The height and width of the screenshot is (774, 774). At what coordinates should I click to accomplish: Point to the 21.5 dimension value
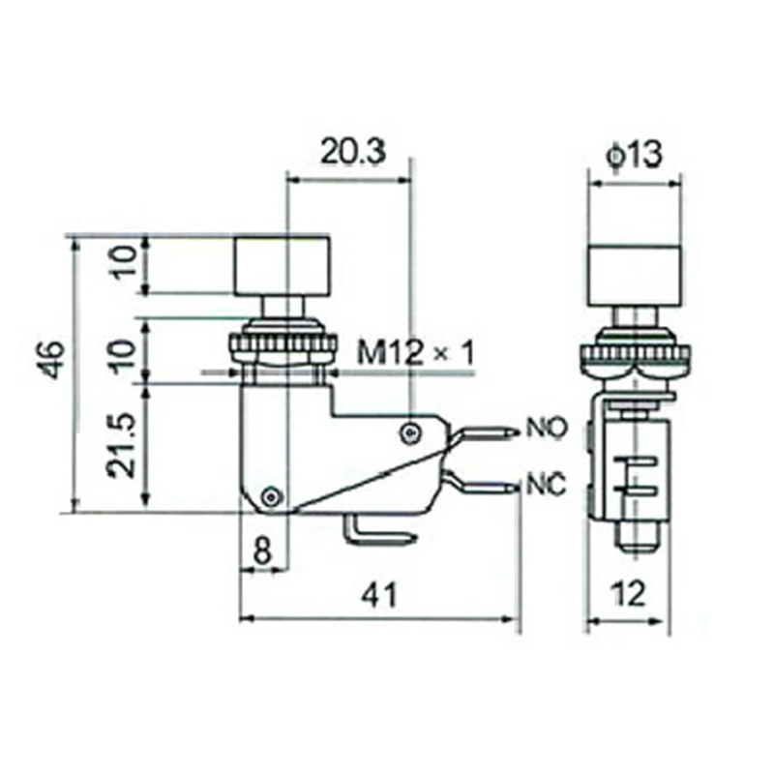pos(121,447)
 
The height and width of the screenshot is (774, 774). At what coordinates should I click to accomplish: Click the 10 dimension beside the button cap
pos(121,264)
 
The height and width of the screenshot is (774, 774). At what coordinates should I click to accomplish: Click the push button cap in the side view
pos(282,264)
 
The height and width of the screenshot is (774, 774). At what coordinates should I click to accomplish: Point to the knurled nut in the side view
pos(283,345)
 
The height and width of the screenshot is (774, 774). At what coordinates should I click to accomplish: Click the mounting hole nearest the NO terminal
pos(413,430)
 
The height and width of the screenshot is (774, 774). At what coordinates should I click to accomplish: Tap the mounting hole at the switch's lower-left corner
pos(273,495)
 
